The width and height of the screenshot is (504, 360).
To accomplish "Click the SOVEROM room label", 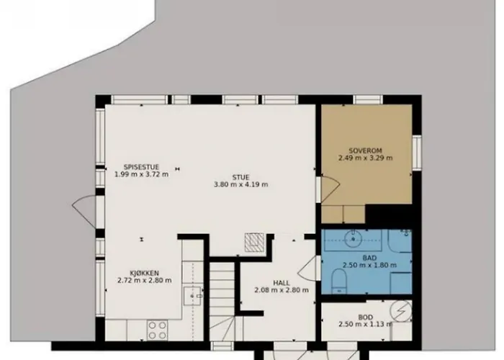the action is pos(366,150).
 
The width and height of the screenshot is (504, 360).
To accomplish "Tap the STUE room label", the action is pos(240,177).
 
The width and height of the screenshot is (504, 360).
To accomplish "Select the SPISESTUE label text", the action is pos(141,167).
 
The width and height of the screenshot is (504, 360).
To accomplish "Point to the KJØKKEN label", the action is pos(144,273).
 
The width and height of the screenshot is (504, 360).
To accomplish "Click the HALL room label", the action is pos(282,283).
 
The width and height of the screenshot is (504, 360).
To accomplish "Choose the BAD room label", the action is pos(369,258).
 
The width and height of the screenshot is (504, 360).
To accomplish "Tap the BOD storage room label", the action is pos(366,318).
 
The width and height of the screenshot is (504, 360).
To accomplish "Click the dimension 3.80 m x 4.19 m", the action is pos(241,184).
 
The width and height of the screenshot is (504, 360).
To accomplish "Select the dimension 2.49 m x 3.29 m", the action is pos(366,158).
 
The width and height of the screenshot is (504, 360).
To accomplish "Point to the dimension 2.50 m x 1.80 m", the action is pos(369,265).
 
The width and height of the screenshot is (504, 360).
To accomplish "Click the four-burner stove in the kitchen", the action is pos(157,330).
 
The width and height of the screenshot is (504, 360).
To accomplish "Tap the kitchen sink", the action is pos(192,296).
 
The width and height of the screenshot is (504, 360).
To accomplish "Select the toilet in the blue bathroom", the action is pos(339,281).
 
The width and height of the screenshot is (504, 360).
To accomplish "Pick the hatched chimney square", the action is pos(255,243).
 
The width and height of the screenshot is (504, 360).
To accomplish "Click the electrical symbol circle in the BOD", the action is pos(401,310).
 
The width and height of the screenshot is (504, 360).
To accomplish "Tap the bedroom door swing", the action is pos(330,189).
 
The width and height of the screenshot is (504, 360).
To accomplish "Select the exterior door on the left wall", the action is pos(84,212).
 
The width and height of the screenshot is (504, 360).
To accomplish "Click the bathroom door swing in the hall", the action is pos(309,269).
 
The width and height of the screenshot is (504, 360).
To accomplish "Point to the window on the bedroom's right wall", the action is pos(417,152).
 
